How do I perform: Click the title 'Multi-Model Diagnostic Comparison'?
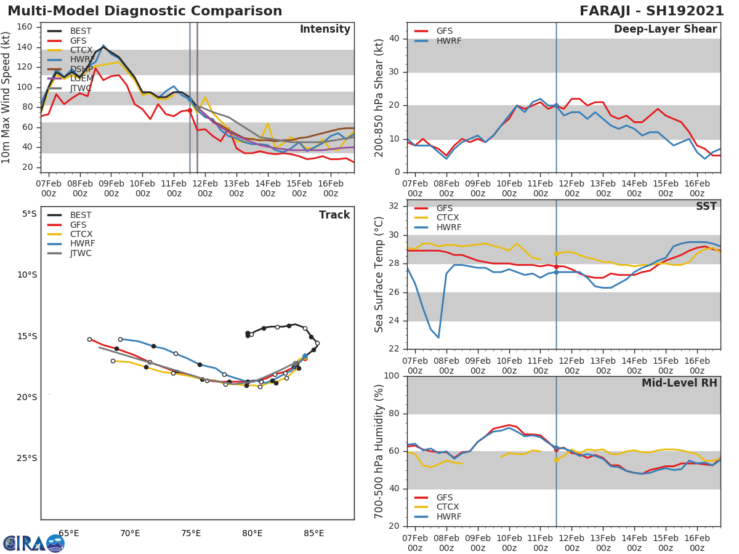click(x=145, y=11)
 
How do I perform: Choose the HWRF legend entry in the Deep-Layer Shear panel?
click(x=448, y=41)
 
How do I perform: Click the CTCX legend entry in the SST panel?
click(x=448, y=218)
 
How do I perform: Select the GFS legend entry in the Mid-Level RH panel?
click(x=448, y=497)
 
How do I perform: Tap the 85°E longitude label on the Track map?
click(x=313, y=533)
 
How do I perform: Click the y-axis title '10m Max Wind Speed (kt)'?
click(x=7, y=97)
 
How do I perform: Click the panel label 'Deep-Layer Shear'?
click(x=665, y=30)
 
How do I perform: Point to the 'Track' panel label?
click(x=334, y=215)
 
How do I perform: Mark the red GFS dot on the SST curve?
click(x=556, y=267)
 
